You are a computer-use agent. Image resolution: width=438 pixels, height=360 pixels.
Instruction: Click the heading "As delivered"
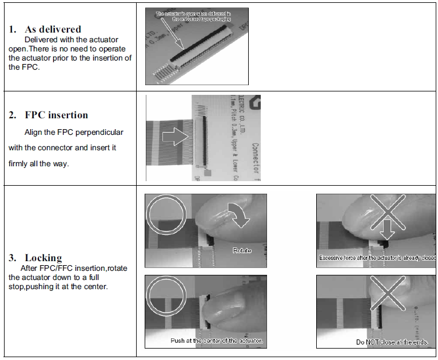53,29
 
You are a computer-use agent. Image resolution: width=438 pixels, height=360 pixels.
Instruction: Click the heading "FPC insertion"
56,115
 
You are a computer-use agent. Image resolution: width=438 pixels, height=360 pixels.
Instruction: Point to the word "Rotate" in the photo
242,251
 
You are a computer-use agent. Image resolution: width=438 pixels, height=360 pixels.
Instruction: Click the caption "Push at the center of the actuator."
217,341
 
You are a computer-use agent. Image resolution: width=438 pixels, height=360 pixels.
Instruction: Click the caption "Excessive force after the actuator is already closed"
377,258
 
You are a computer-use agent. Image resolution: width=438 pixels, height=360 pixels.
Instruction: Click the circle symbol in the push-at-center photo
166,296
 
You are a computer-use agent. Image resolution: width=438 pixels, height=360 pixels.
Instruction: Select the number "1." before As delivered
13,29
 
